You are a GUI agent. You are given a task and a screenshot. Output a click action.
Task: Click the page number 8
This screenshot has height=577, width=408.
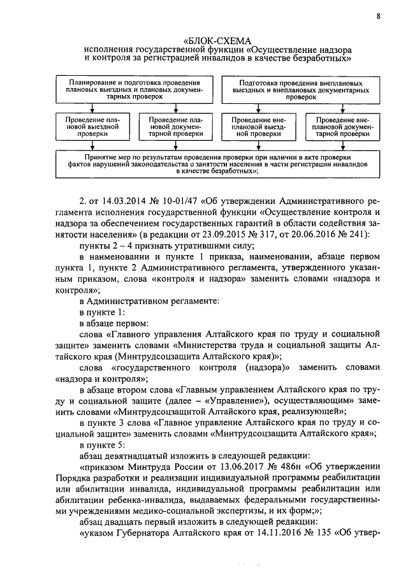pos(379,17)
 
